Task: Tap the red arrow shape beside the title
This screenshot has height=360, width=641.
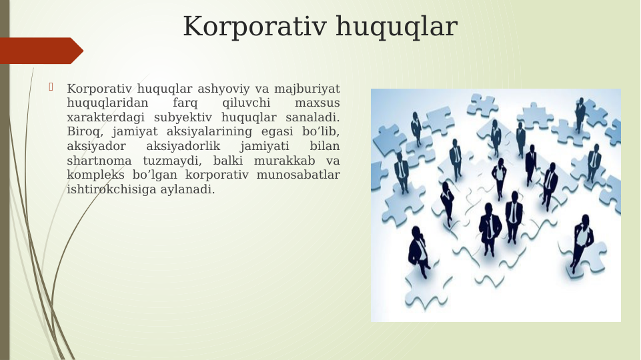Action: coord(40,51)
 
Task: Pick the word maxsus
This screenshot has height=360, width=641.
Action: coord(317,103)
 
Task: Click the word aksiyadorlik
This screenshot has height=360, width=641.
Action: coord(183,147)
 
